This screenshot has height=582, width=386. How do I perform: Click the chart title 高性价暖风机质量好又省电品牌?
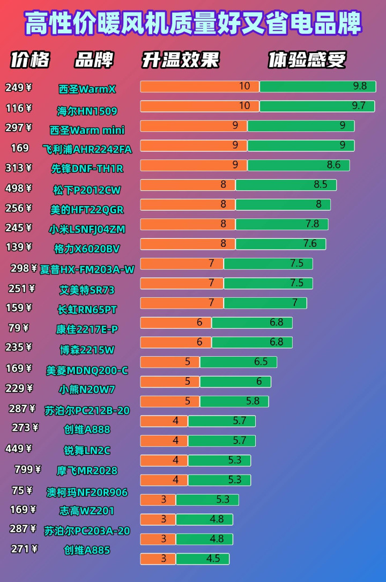coord(193,24)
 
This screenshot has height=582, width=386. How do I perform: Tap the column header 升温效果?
coord(180,60)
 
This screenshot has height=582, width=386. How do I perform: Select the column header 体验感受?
coord(307,60)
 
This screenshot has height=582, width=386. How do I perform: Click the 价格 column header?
coord(30,60)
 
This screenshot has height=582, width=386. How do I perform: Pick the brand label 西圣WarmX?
coord(87,89)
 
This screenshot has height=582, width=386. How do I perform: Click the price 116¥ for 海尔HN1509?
coord(18,108)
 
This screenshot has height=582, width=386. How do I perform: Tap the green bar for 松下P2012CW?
coord(286,185)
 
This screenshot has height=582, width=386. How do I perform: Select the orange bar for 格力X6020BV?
coord(188,244)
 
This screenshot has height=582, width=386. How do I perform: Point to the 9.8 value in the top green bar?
coord(360,86)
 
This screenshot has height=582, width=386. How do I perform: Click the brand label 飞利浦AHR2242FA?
coord(87,149)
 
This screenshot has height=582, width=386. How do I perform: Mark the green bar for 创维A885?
coord(202,558)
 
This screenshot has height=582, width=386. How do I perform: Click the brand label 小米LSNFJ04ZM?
coord(87,229)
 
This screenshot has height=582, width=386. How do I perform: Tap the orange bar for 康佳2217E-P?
coord(176,323)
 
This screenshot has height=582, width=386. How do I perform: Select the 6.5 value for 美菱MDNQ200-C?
coord(261,362)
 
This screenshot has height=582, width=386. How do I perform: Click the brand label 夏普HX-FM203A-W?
coord(87,269)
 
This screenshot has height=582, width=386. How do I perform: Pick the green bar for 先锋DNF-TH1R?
coord(298,165)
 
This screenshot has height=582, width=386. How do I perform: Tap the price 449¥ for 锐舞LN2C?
coord(18,448)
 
